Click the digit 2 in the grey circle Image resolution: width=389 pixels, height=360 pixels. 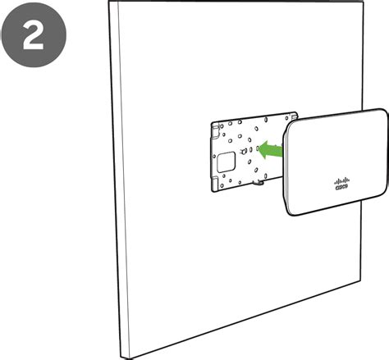tap(33, 35)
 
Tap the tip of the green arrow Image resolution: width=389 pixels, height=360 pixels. tap(259, 149)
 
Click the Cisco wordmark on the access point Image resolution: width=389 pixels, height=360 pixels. tap(341, 187)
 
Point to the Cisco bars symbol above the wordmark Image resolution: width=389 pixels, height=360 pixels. tap(342, 180)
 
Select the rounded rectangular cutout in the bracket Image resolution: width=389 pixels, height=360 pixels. tap(226, 162)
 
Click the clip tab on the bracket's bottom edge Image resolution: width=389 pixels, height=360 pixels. tap(258, 182)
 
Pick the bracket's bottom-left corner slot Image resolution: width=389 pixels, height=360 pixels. tap(216, 182)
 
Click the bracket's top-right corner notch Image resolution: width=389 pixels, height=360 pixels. tap(294, 116)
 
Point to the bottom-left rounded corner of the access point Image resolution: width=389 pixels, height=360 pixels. tap(290, 211)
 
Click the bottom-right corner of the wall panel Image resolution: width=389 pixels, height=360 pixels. tap(359, 281)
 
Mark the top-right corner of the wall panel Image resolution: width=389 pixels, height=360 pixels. tap(364, 2)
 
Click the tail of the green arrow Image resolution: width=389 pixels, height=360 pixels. tap(282, 151)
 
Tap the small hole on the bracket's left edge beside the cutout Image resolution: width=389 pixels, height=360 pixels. tap(214, 157)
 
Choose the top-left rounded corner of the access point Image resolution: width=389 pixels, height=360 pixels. tap(290, 125)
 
